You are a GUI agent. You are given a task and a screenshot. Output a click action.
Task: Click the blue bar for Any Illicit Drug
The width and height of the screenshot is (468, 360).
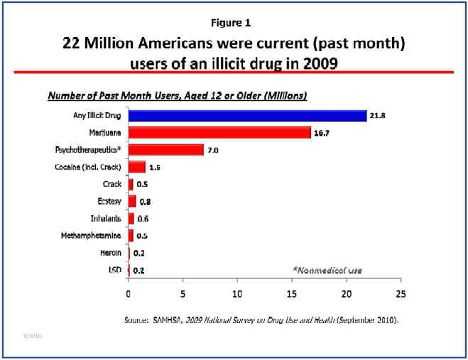(247, 116)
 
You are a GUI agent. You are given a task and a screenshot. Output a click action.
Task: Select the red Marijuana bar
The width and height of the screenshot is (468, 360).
(219, 133)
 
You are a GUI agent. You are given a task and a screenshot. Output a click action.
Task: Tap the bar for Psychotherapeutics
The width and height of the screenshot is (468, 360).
(166, 150)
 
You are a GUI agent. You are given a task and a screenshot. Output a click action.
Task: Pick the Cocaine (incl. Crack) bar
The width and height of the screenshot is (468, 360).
(137, 167)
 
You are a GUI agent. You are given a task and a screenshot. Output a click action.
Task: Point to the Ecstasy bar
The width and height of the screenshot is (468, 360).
(132, 201)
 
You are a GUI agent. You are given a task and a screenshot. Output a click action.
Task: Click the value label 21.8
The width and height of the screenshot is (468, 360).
(377, 116)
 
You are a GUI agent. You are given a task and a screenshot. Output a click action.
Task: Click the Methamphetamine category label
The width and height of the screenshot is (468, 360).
(89, 235)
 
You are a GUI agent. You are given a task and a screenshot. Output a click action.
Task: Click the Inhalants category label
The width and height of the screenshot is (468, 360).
(105, 218)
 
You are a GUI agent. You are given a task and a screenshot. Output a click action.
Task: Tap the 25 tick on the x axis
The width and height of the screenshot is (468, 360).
(401, 293)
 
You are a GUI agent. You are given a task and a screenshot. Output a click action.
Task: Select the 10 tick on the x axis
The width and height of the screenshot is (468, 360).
(237, 293)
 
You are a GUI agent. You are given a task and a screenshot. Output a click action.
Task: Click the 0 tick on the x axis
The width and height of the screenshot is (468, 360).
(129, 293)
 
